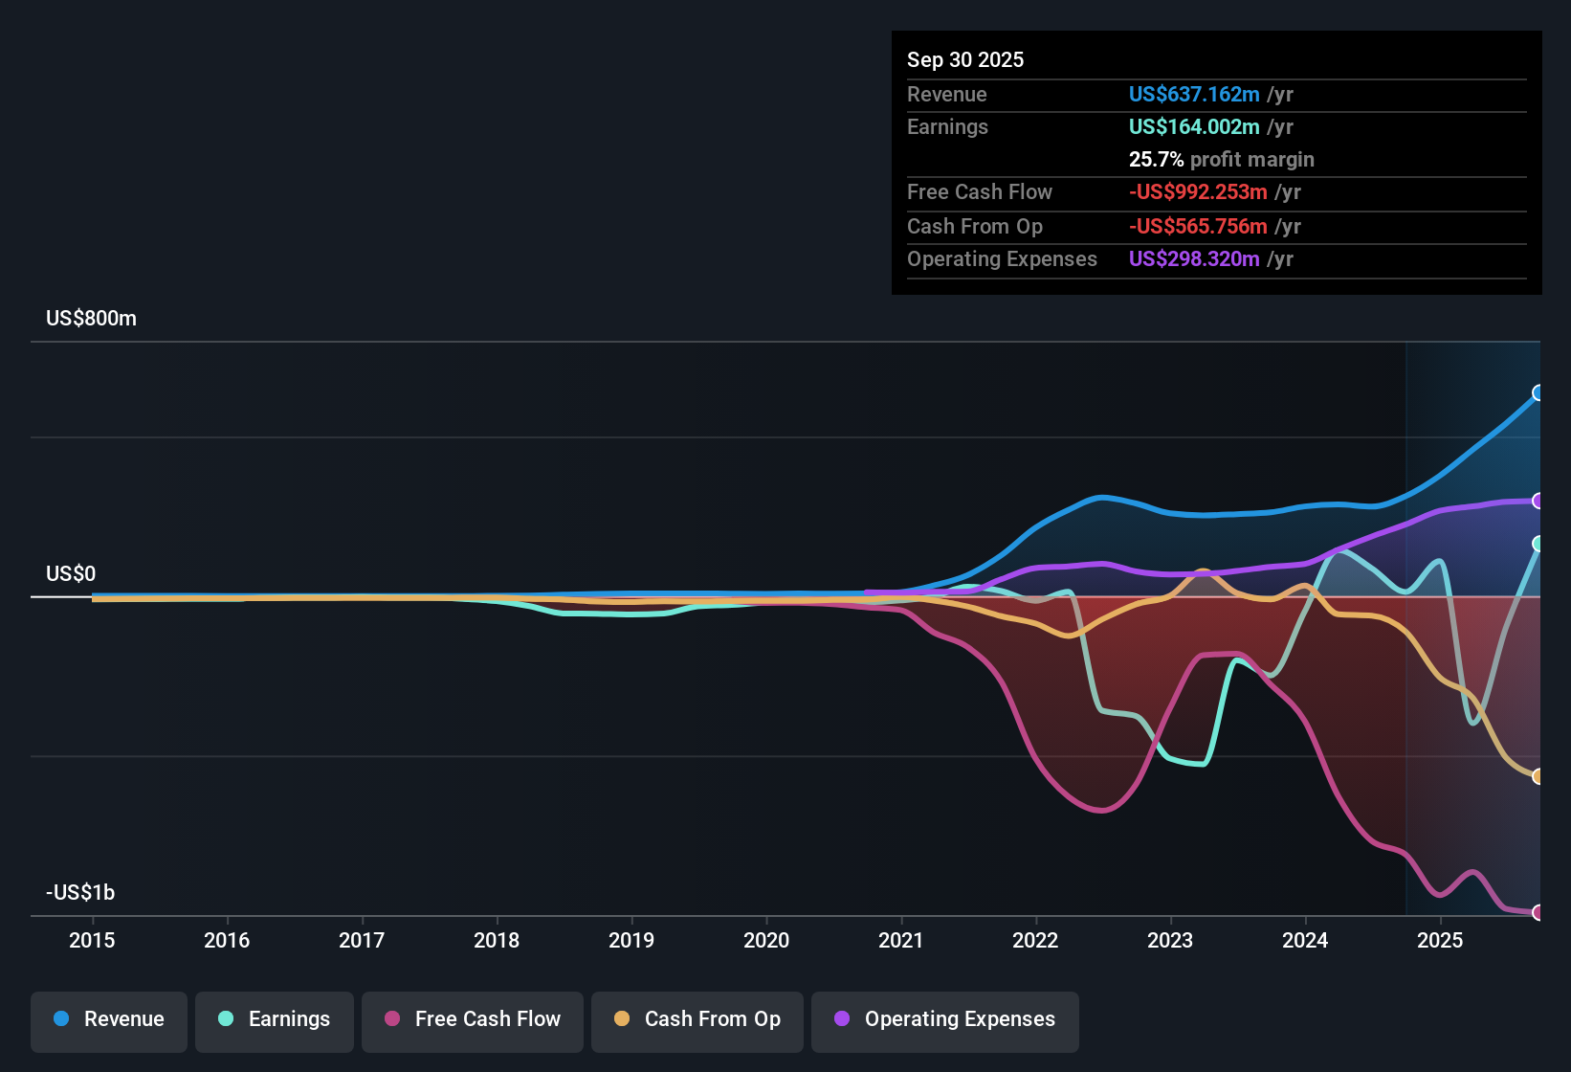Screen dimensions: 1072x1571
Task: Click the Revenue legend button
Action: point(109,1019)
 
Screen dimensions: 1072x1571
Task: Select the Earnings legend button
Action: point(275,1019)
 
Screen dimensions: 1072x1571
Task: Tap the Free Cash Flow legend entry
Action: point(473,1019)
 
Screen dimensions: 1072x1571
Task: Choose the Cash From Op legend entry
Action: point(697,1019)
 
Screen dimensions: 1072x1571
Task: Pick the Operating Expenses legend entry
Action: point(945,1019)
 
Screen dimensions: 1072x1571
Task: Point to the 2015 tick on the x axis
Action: point(92,940)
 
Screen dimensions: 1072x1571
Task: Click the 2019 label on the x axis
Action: point(631,940)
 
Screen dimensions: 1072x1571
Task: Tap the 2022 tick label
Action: point(1035,940)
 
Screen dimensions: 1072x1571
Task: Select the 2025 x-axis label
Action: point(1440,940)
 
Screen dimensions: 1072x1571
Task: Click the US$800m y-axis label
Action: point(91,319)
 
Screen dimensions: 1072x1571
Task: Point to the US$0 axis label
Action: point(71,574)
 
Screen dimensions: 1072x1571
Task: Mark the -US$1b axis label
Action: point(80,893)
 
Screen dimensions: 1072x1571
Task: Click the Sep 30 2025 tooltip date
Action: point(964,59)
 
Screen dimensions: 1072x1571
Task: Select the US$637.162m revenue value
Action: point(1193,94)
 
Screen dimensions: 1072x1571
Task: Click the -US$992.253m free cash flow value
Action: point(1198,191)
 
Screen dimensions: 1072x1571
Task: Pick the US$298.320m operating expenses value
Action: point(1193,258)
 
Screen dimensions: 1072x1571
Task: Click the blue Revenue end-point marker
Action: point(1538,392)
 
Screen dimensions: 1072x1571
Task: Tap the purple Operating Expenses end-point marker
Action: point(1538,501)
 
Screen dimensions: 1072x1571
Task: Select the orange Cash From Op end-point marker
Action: point(1538,776)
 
